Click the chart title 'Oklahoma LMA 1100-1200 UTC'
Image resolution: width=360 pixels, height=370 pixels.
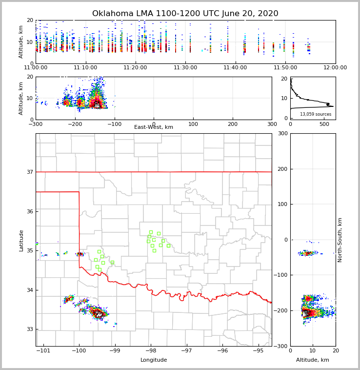(185, 14)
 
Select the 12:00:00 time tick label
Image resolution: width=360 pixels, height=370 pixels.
(335, 67)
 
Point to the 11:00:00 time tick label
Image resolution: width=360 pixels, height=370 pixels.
(36, 67)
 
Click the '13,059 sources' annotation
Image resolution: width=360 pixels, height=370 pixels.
(316, 114)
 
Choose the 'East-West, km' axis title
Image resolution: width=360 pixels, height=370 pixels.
(154, 127)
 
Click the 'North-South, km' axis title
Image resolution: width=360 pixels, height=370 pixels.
(340, 240)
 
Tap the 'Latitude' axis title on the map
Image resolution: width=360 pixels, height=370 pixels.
(21, 240)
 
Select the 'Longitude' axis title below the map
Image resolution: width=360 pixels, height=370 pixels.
(154, 360)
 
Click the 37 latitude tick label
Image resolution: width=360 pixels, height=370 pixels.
(29, 172)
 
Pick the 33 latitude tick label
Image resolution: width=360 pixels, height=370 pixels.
(29, 329)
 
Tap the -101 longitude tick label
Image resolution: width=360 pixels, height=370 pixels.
(43, 350)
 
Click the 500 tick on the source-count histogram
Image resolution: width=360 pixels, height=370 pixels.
(324, 124)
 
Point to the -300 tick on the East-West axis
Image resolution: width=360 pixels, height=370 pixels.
(36, 124)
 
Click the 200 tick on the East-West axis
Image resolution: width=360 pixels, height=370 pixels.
(233, 124)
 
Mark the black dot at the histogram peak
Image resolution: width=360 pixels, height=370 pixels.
(328, 104)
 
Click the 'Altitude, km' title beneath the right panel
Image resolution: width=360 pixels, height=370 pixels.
(313, 360)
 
